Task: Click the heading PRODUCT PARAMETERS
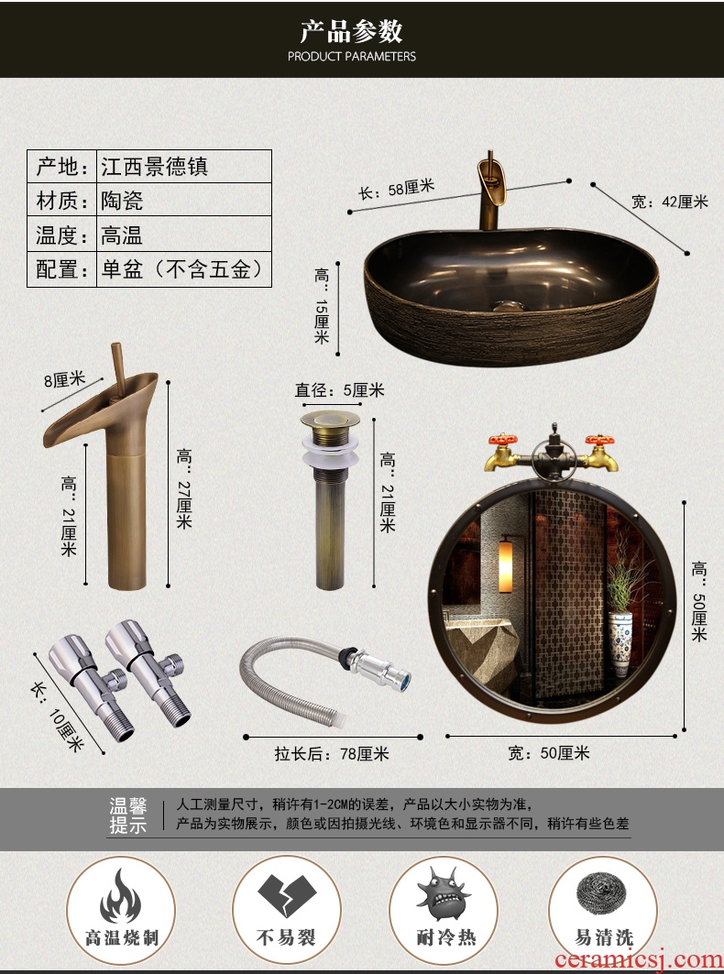(352, 57)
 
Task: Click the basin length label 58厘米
(396, 189)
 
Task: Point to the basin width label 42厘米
(669, 202)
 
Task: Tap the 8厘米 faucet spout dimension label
(64, 378)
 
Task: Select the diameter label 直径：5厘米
(339, 390)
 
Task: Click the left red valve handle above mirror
(503, 441)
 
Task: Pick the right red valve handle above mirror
(600, 441)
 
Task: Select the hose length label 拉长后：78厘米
(332, 754)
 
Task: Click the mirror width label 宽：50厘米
(549, 753)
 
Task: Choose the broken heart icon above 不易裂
(287, 894)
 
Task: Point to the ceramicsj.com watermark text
(639, 959)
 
